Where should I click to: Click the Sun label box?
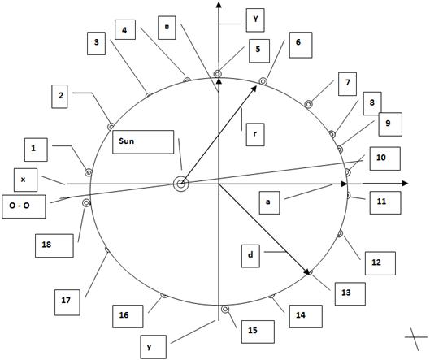click(143, 142)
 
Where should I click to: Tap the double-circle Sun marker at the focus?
click(181, 184)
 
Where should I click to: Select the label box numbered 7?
click(347, 84)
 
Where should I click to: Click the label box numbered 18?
click(54, 245)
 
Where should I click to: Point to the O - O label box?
click(24, 206)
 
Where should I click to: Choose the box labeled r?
click(255, 135)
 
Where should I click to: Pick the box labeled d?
click(250, 256)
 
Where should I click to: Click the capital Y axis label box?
click(255, 20)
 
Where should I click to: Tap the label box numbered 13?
click(350, 293)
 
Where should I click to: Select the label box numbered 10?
click(385, 158)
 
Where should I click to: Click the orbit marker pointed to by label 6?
click(263, 81)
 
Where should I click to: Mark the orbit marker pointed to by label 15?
click(225, 310)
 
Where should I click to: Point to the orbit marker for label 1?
click(89, 172)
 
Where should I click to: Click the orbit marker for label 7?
click(308, 104)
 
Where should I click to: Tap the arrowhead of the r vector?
click(254, 89)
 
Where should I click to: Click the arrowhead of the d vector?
click(307, 271)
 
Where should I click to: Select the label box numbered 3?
click(96, 43)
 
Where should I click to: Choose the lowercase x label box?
click(25, 180)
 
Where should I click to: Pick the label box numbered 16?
click(128, 316)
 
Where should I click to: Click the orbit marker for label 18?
click(86, 203)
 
